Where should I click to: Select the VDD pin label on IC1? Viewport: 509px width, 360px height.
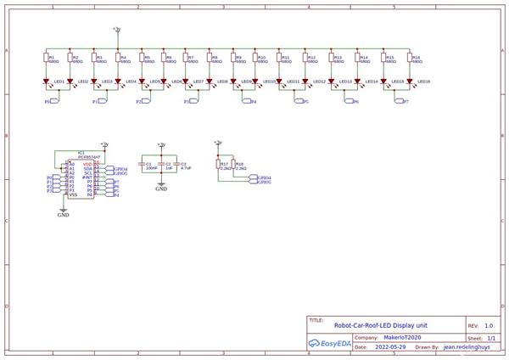(x=98, y=164)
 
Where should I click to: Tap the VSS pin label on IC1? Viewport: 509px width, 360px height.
(x=74, y=194)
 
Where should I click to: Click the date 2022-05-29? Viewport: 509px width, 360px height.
(x=389, y=347)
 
